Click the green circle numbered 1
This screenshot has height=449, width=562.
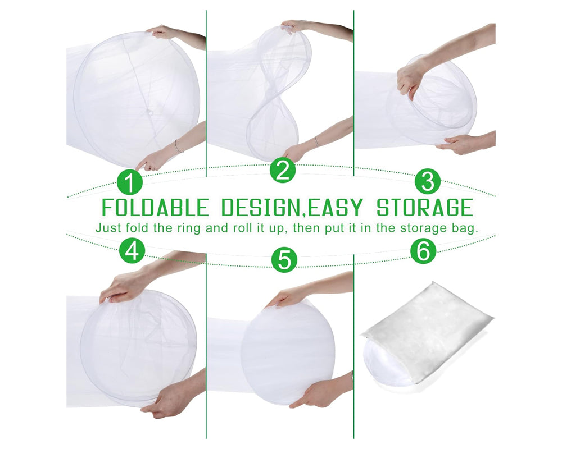point(130,183)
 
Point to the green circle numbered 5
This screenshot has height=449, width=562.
point(284,260)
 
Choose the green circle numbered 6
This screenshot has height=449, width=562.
point(423,252)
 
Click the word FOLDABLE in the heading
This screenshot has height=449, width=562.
point(155,208)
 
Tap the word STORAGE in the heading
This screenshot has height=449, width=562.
point(424,208)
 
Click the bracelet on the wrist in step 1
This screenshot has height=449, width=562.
point(178,147)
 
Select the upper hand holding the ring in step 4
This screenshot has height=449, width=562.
point(121,288)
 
